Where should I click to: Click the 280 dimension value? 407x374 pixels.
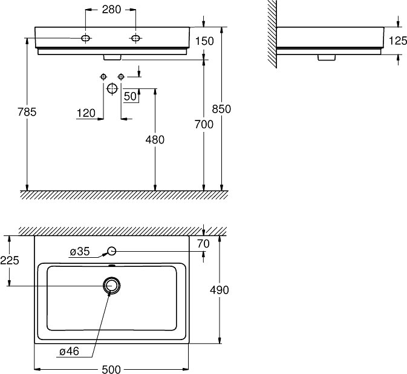[x=111, y=10]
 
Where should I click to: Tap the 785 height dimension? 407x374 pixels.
[x=27, y=112]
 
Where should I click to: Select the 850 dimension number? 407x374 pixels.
[x=221, y=109]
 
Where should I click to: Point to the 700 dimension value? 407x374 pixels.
[x=204, y=125]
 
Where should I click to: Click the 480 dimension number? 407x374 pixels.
[x=155, y=140]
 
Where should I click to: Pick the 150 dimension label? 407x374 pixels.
[x=204, y=41]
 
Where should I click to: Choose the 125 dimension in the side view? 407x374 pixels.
[x=398, y=41]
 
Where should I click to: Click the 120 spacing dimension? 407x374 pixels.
[x=86, y=113]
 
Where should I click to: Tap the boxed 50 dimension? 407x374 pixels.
[x=130, y=96]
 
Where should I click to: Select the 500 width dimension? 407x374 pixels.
[x=111, y=369]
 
